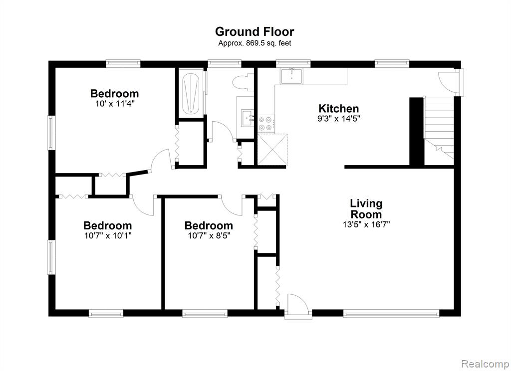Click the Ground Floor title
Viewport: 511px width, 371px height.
click(x=255, y=32)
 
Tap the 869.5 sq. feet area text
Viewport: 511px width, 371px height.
click(x=255, y=43)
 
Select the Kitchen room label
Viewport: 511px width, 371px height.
click(x=339, y=108)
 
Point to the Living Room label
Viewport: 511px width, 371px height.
click(x=366, y=209)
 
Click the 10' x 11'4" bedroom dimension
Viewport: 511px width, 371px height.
click(x=115, y=104)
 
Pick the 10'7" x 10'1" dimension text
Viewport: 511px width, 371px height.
click(x=108, y=235)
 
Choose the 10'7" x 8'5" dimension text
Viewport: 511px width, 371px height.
click(x=209, y=235)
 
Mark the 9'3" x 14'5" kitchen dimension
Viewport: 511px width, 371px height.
click(x=339, y=119)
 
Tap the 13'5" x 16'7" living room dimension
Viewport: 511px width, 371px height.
click(x=366, y=224)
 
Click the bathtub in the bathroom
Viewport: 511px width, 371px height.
click(x=191, y=94)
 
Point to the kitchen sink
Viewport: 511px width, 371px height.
click(x=291, y=76)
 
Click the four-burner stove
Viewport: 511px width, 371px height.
click(x=266, y=124)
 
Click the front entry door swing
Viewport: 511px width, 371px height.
click(x=296, y=305)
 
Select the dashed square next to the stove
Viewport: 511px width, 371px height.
click(x=272, y=150)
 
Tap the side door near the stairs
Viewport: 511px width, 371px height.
click(x=449, y=82)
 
